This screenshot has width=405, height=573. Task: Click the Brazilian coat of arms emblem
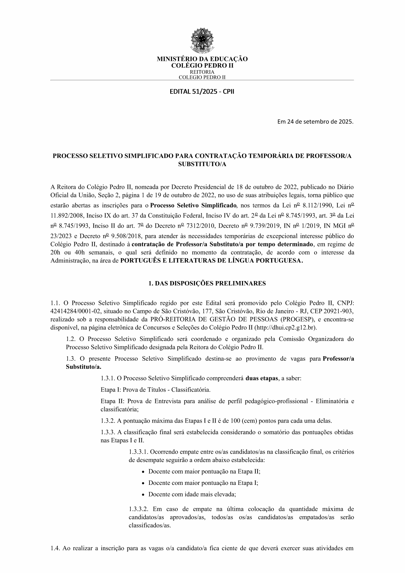click(x=202, y=41)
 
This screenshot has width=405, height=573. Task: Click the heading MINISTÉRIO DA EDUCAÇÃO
click(x=202, y=59)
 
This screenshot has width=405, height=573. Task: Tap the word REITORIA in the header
click(x=202, y=72)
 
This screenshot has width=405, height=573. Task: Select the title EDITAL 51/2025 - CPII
click(x=202, y=91)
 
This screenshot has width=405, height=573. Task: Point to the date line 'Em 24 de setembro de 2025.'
click(x=315, y=121)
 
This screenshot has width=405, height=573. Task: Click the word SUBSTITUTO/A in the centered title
click(x=202, y=164)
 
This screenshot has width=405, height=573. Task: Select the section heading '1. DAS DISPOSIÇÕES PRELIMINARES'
click(x=202, y=283)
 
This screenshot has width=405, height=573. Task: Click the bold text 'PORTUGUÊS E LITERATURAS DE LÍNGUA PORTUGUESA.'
click(x=212, y=261)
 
